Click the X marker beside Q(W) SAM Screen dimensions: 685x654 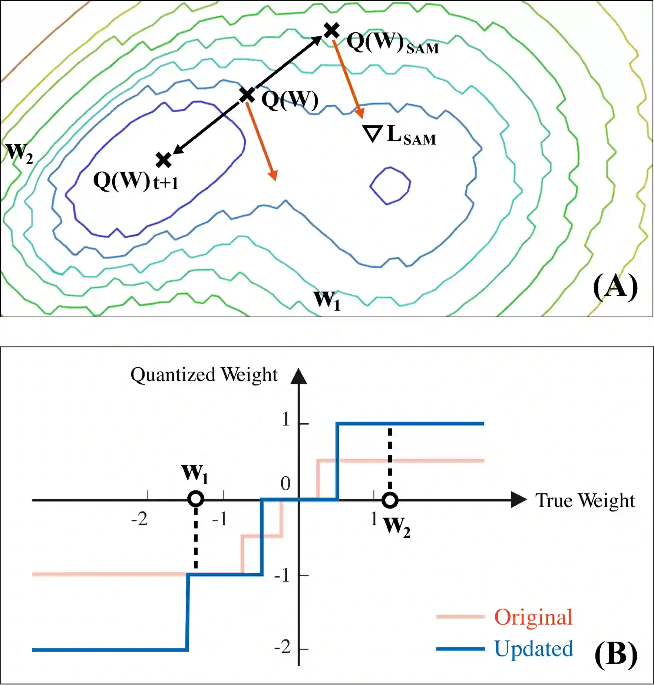(331, 30)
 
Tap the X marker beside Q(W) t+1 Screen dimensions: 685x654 (163, 160)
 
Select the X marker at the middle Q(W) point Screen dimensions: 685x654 (247, 95)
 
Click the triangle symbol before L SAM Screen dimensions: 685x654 (372, 134)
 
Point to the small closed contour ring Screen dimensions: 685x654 (390, 185)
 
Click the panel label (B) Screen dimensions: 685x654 (615, 655)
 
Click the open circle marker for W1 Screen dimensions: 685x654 (196, 499)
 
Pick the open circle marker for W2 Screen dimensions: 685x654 (390, 500)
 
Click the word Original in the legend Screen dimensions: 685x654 (534, 617)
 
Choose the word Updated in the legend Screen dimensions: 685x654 (534, 649)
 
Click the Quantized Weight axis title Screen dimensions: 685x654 (204, 375)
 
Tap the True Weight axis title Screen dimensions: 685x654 (585, 501)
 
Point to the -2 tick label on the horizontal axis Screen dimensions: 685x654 (139, 519)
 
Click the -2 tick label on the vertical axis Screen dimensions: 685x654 (283, 648)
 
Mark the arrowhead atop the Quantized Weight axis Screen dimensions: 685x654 (299, 376)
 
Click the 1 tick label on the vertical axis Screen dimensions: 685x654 (285, 420)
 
